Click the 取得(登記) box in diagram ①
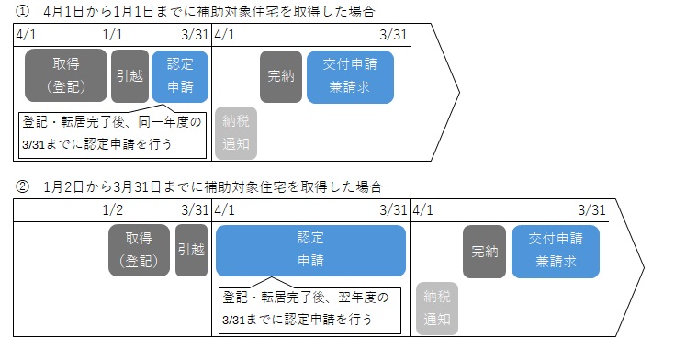[66, 76]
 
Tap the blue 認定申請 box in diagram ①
[180, 76]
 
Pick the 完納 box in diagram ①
[281, 76]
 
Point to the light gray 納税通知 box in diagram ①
[237, 132]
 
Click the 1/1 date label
[112, 35]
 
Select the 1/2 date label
[113, 210]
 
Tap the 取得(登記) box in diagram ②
[139, 250]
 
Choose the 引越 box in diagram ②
[191, 250]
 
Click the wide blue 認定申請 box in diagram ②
[310, 250]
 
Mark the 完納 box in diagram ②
[484, 250]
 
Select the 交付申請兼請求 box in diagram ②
[555, 250]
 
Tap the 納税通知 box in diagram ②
[437, 308]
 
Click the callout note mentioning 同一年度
[110, 133]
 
